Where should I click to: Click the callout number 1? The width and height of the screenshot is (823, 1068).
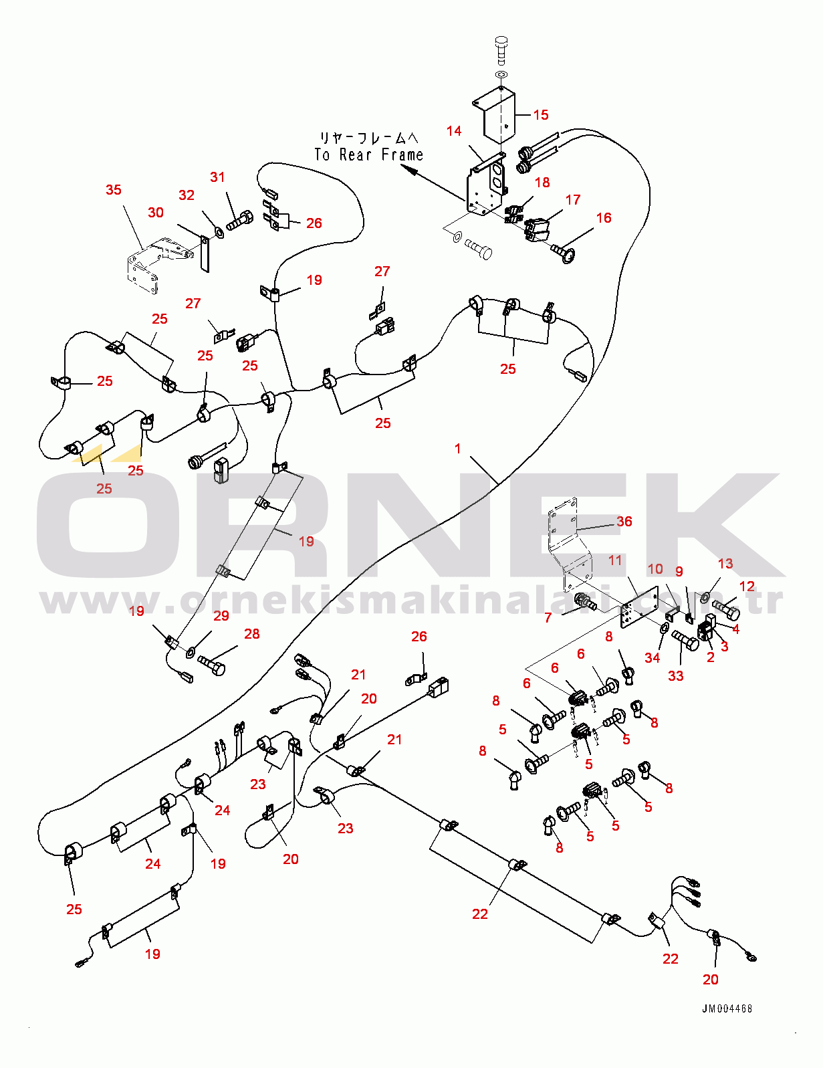click(x=457, y=448)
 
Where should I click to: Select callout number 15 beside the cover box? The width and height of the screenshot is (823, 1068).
click(x=540, y=115)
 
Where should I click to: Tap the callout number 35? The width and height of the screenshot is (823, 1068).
click(x=114, y=190)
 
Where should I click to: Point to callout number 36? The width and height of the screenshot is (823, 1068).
click(x=624, y=522)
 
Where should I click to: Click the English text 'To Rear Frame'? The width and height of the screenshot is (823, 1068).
click(x=368, y=155)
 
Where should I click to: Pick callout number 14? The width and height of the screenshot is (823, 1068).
click(x=454, y=130)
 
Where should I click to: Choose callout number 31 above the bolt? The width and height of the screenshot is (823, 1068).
click(x=217, y=177)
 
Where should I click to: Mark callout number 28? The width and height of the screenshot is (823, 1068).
click(x=251, y=634)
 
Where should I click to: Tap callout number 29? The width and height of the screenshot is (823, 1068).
click(x=221, y=616)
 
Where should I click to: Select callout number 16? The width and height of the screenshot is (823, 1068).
click(x=603, y=218)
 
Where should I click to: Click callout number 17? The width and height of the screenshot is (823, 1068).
click(x=573, y=199)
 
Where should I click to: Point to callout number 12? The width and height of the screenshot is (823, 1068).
click(x=747, y=586)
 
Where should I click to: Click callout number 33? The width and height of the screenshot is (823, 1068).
click(x=676, y=676)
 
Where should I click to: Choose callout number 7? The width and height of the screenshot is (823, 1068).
click(x=548, y=617)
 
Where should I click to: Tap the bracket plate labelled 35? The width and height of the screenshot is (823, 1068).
click(x=144, y=265)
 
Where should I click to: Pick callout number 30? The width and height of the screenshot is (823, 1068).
click(x=155, y=212)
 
